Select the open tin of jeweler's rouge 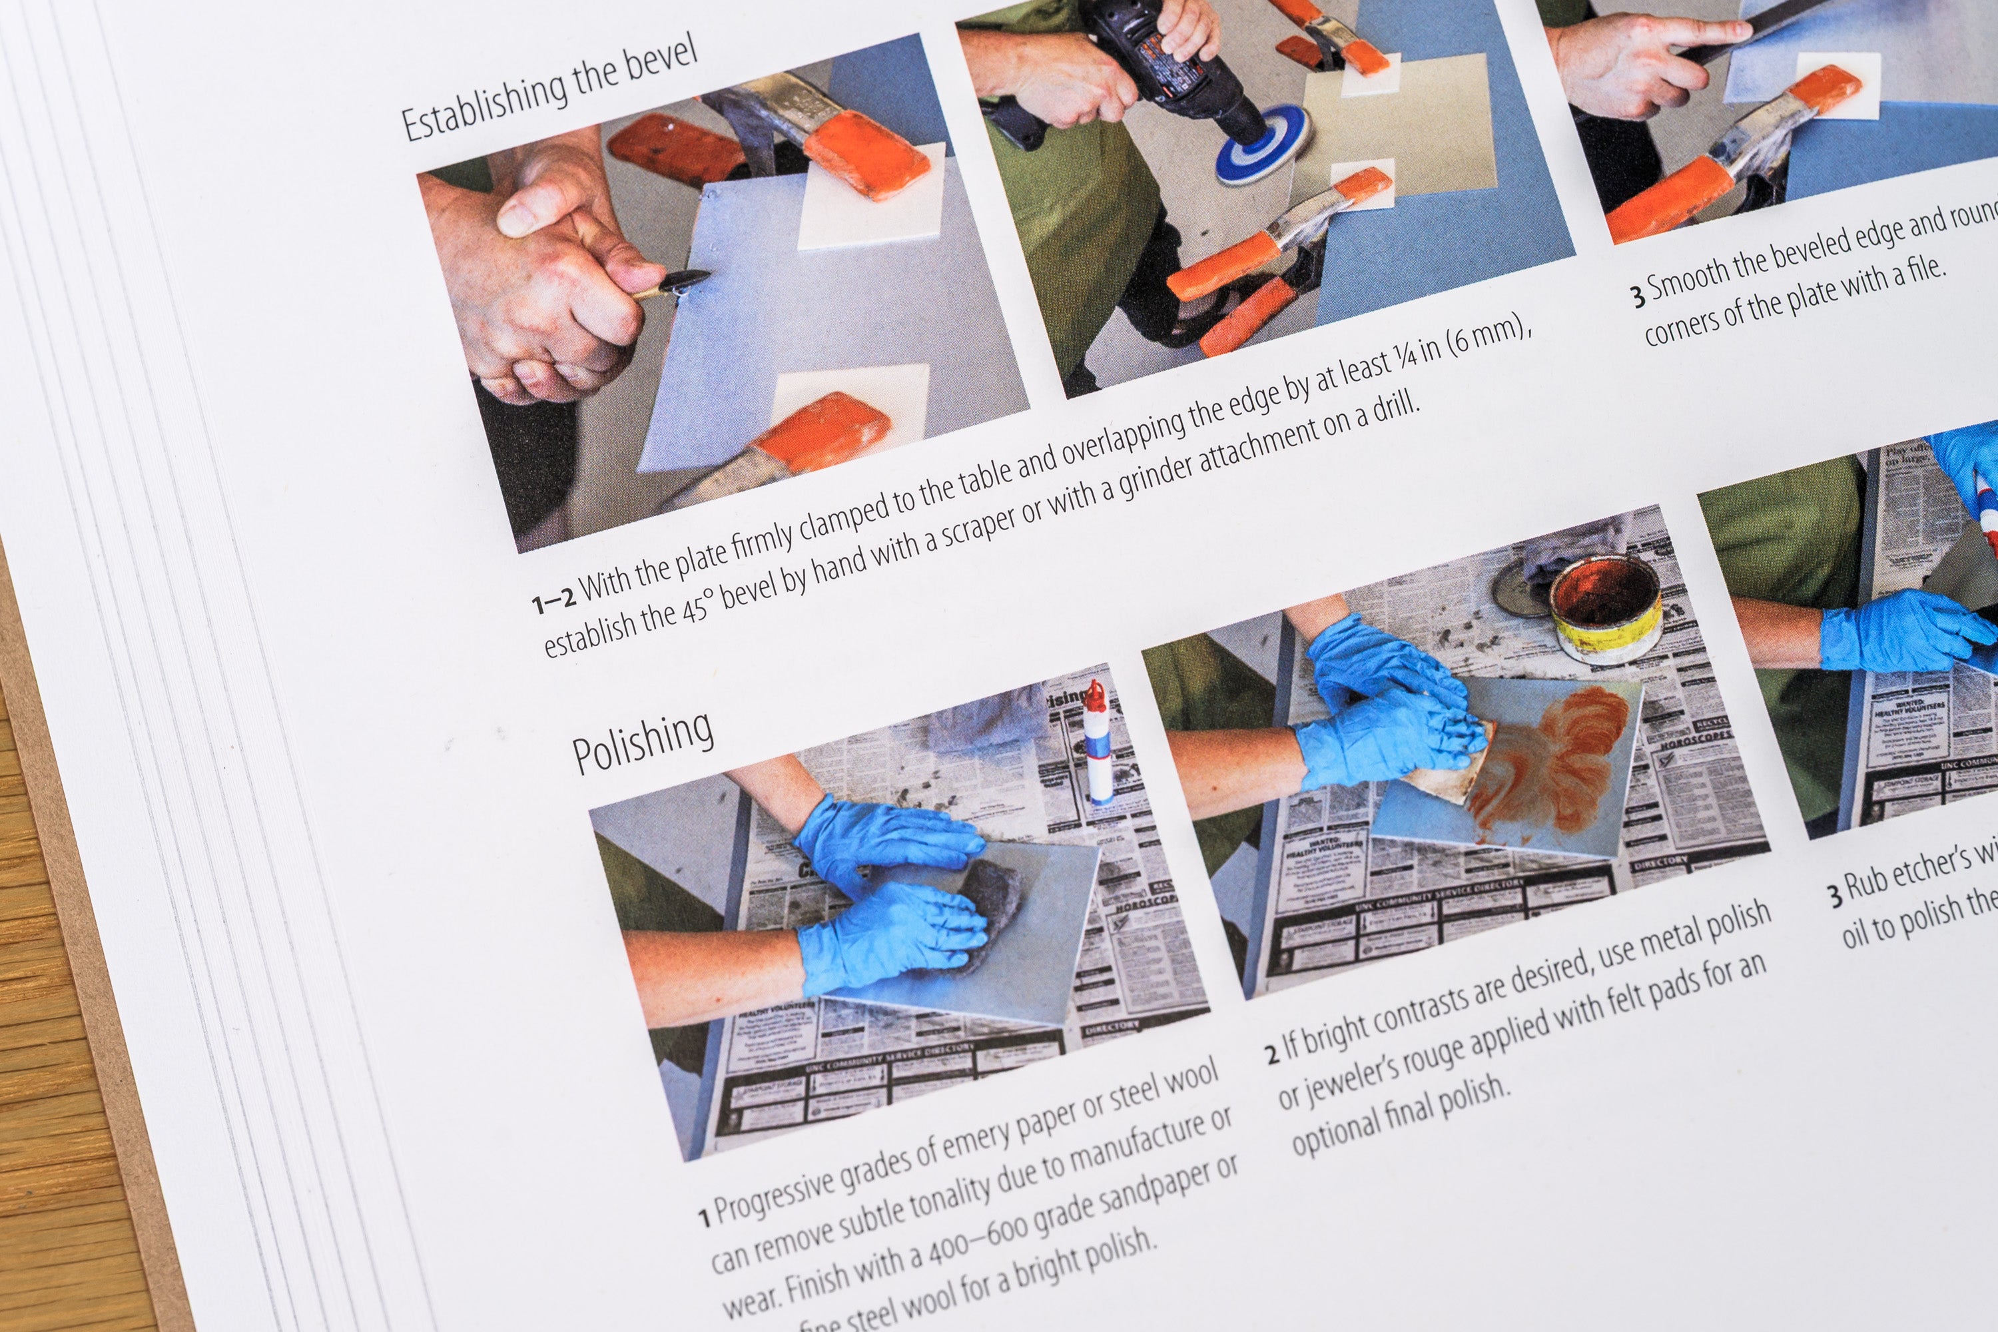pos(1603,608)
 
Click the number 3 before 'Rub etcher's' pos(1835,894)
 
